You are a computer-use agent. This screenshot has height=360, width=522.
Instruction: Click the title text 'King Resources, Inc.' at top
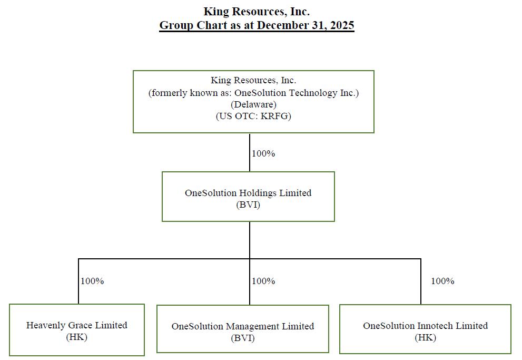coord(257,12)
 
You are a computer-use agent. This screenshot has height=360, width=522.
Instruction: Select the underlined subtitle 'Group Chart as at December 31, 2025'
coord(257,25)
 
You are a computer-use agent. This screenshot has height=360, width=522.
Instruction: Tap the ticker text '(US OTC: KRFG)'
coord(253,116)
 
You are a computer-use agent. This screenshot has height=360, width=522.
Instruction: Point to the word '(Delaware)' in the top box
coord(253,104)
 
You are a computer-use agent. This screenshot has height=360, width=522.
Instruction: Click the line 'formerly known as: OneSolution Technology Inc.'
coord(253,93)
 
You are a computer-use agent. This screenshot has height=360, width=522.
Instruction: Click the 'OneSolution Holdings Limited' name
coord(248,193)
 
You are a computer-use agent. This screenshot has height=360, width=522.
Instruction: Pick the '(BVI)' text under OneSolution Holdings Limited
coord(248,205)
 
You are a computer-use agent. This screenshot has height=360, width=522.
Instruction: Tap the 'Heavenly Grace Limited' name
coord(76,325)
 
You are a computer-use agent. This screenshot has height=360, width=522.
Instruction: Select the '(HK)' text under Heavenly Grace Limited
coord(76,337)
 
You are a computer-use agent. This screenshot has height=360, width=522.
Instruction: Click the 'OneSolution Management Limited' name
coord(243,326)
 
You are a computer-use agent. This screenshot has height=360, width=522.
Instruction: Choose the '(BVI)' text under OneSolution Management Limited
coord(243,338)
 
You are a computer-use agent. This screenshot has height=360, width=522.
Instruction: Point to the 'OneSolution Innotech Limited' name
coord(426,326)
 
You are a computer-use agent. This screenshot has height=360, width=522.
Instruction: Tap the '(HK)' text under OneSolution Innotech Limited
coord(426,338)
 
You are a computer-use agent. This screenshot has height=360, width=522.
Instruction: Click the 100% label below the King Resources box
coord(263,153)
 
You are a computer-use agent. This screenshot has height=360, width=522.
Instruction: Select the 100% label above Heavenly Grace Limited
coord(92,281)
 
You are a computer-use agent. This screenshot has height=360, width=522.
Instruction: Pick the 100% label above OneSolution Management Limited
coord(263,281)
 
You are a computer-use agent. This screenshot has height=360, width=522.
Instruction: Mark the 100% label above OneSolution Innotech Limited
coord(443,281)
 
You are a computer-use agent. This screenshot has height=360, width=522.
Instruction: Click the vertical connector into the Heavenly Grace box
coord(78,281)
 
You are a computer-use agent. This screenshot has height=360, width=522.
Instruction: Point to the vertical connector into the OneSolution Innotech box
coord(421,281)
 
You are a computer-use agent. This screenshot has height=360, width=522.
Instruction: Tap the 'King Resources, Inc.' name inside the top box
coord(253,81)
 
